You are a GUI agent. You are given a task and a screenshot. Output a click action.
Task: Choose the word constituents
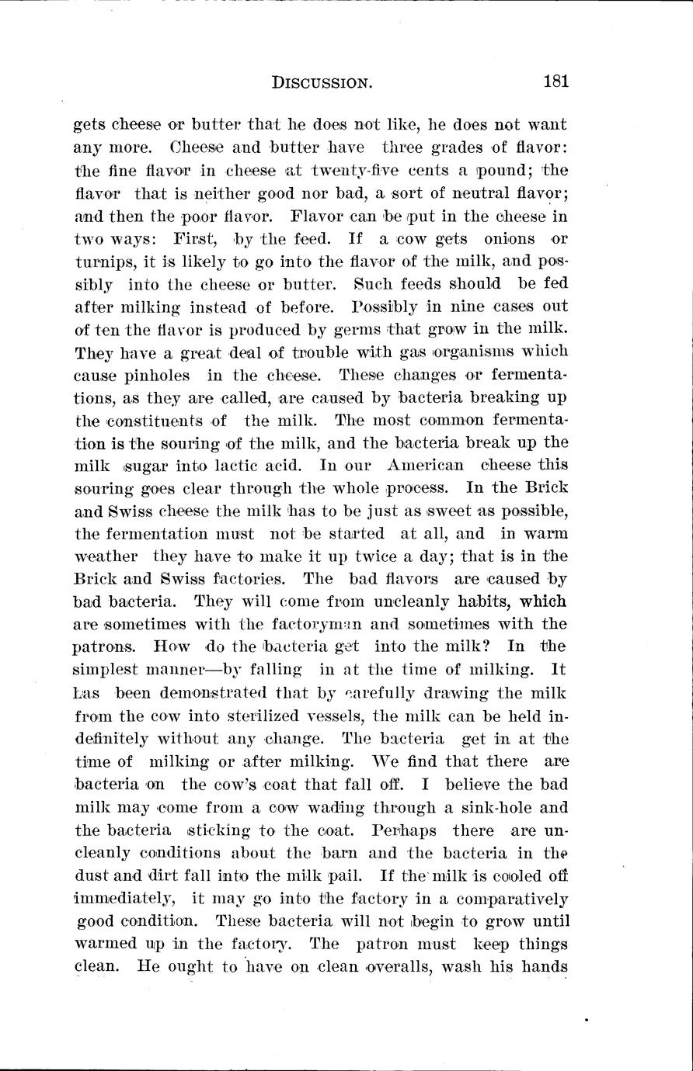(155, 421)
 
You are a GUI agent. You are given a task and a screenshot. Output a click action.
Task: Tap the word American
(425, 466)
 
